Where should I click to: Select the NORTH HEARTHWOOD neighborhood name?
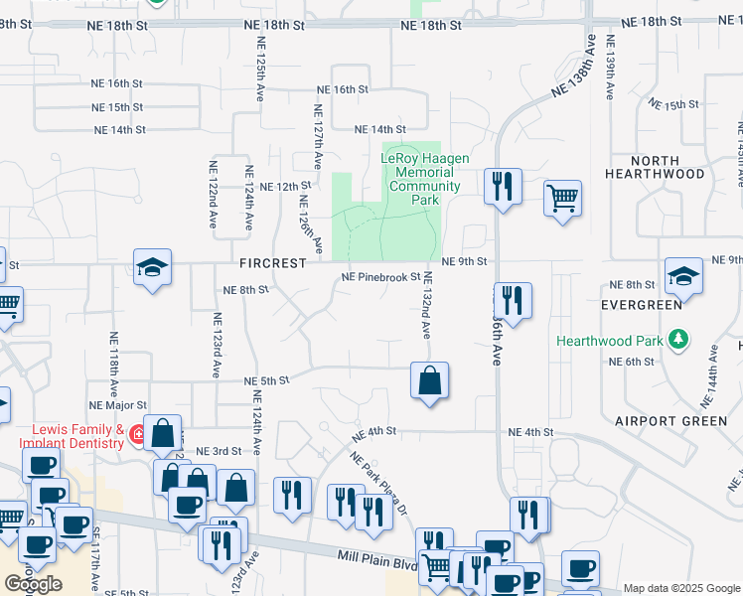click(x=681, y=167)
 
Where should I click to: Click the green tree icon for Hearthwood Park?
click(x=678, y=341)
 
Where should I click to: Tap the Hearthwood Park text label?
click(x=609, y=341)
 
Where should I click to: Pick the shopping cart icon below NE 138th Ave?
click(x=562, y=197)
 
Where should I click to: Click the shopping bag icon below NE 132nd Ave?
click(x=429, y=381)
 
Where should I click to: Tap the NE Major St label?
click(x=117, y=405)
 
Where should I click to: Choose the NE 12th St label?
click(x=285, y=186)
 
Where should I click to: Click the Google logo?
click(x=33, y=584)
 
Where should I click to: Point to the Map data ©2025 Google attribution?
click(x=681, y=588)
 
